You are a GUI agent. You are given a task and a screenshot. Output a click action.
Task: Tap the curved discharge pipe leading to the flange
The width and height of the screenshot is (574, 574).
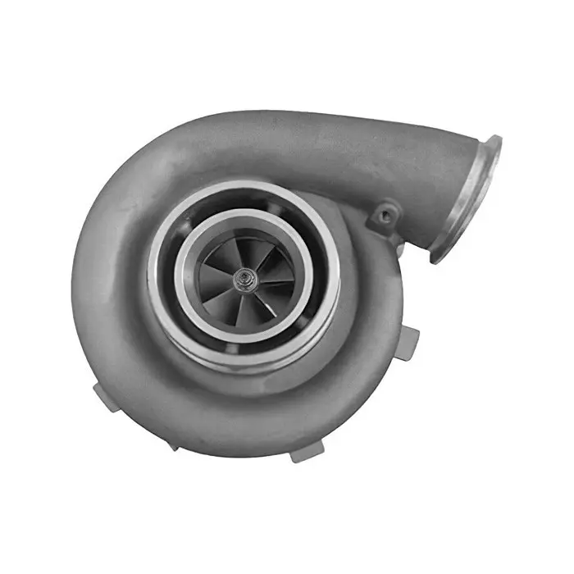click(x=385, y=160)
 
